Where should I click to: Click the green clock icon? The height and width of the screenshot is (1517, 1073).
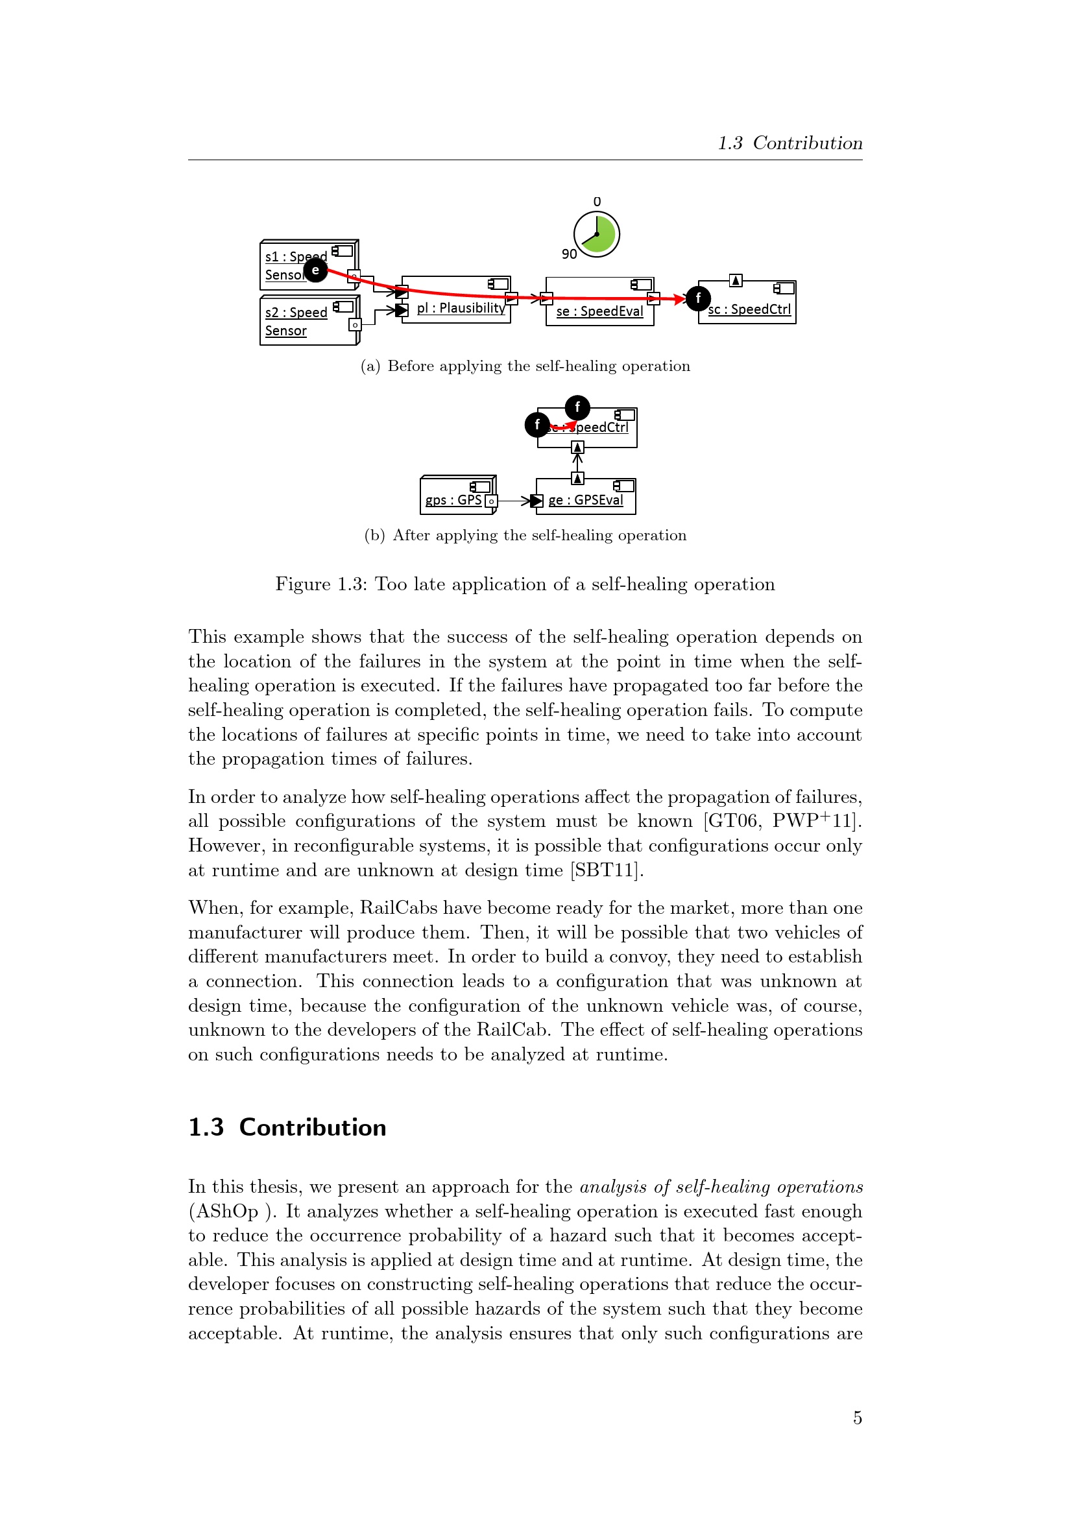click(x=597, y=234)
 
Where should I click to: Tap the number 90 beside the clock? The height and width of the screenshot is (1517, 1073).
click(x=569, y=254)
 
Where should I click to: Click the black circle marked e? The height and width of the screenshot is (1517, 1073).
click(x=316, y=270)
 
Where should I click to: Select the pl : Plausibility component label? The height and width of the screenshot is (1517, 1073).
click(x=461, y=308)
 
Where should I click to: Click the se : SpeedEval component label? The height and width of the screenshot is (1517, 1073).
click(x=599, y=311)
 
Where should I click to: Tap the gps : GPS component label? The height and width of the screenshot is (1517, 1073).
click(x=453, y=500)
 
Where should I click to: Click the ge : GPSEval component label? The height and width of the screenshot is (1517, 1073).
click(x=585, y=500)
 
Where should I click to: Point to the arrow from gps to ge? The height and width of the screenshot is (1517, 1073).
click(x=514, y=501)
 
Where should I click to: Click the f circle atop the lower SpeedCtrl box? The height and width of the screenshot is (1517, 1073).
click(x=577, y=407)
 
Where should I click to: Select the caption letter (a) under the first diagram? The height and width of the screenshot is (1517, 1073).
click(x=370, y=366)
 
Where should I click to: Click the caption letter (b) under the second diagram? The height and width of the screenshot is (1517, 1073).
click(x=374, y=535)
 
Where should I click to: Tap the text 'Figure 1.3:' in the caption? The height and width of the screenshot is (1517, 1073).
click(x=321, y=584)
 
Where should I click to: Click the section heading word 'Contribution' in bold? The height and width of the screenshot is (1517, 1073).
click(x=313, y=1127)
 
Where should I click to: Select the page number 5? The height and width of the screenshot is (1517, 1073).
click(x=857, y=1418)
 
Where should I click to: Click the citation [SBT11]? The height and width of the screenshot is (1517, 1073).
click(x=607, y=870)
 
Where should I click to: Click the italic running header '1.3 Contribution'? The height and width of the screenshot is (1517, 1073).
click(x=790, y=143)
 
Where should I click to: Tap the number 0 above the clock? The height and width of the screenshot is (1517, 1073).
click(x=597, y=202)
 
